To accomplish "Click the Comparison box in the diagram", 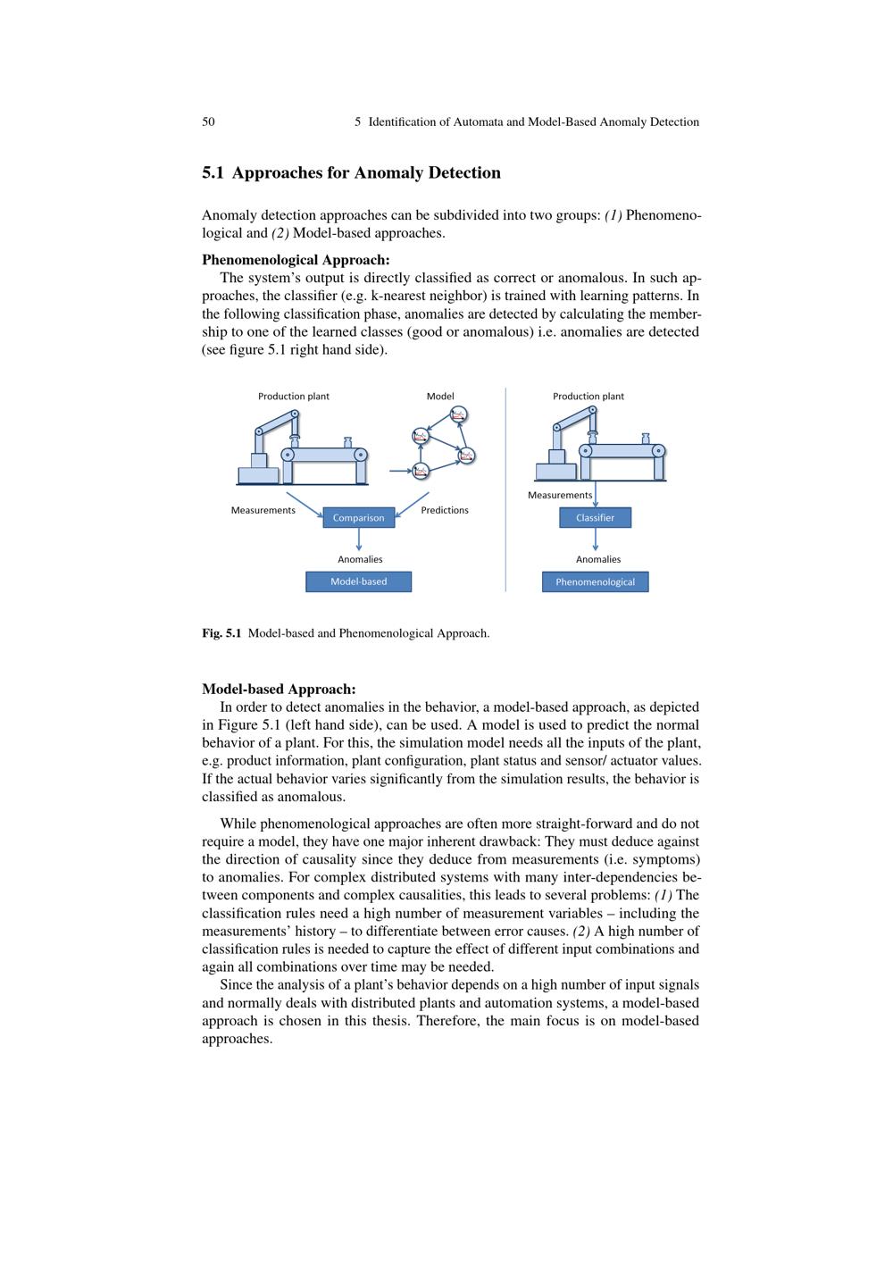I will (x=358, y=518).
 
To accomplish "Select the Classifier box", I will (x=595, y=518).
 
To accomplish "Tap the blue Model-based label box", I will (x=358, y=581).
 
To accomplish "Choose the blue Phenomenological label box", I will (x=595, y=582).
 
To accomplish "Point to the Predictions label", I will (x=445, y=510).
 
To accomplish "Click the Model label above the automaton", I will (x=440, y=396).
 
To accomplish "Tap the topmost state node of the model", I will (x=459, y=414).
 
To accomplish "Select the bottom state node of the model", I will (x=421, y=470).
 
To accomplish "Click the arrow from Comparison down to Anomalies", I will (x=359, y=539).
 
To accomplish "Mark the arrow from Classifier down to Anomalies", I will (x=596, y=539).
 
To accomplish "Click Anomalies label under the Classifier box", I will (x=598, y=559).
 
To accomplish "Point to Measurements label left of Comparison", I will (x=263, y=510).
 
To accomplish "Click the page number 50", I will (x=208, y=121).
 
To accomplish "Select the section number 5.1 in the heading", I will (x=213, y=172).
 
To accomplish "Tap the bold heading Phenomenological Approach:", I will (x=296, y=260).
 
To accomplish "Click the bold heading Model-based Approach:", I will (x=279, y=689).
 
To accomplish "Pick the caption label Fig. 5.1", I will (x=221, y=633).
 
